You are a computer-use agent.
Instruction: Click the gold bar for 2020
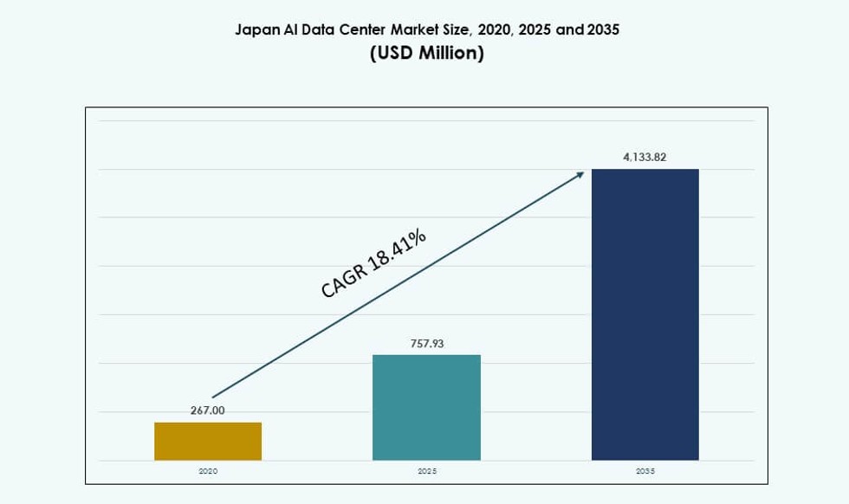pyautogui.click(x=208, y=441)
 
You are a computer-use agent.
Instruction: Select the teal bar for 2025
pyautogui.click(x=426, y=407)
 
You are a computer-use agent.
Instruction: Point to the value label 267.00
pyautogui.click(x=208, y=410)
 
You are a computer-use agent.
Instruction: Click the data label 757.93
pyautogui.click(x=426, y=344)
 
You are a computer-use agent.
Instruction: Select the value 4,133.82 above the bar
pyautogui.click(x=645, y=158)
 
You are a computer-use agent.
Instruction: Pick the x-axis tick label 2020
pyautogui.click(x=208, y=471)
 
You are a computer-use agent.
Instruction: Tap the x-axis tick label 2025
pyautogui.click(x=426, y=471)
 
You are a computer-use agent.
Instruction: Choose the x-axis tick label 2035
pyautogui.click(x=645, y=471)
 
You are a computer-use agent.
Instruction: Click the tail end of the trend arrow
pyautogui.click(x=213, y=397)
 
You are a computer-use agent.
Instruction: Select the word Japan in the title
pyautogui.click(x=256, y=30)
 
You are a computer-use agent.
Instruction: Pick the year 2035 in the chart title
pyautogui.click(x=603, y=30)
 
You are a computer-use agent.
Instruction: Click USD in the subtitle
pyautogui.click(x=393, y=54)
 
